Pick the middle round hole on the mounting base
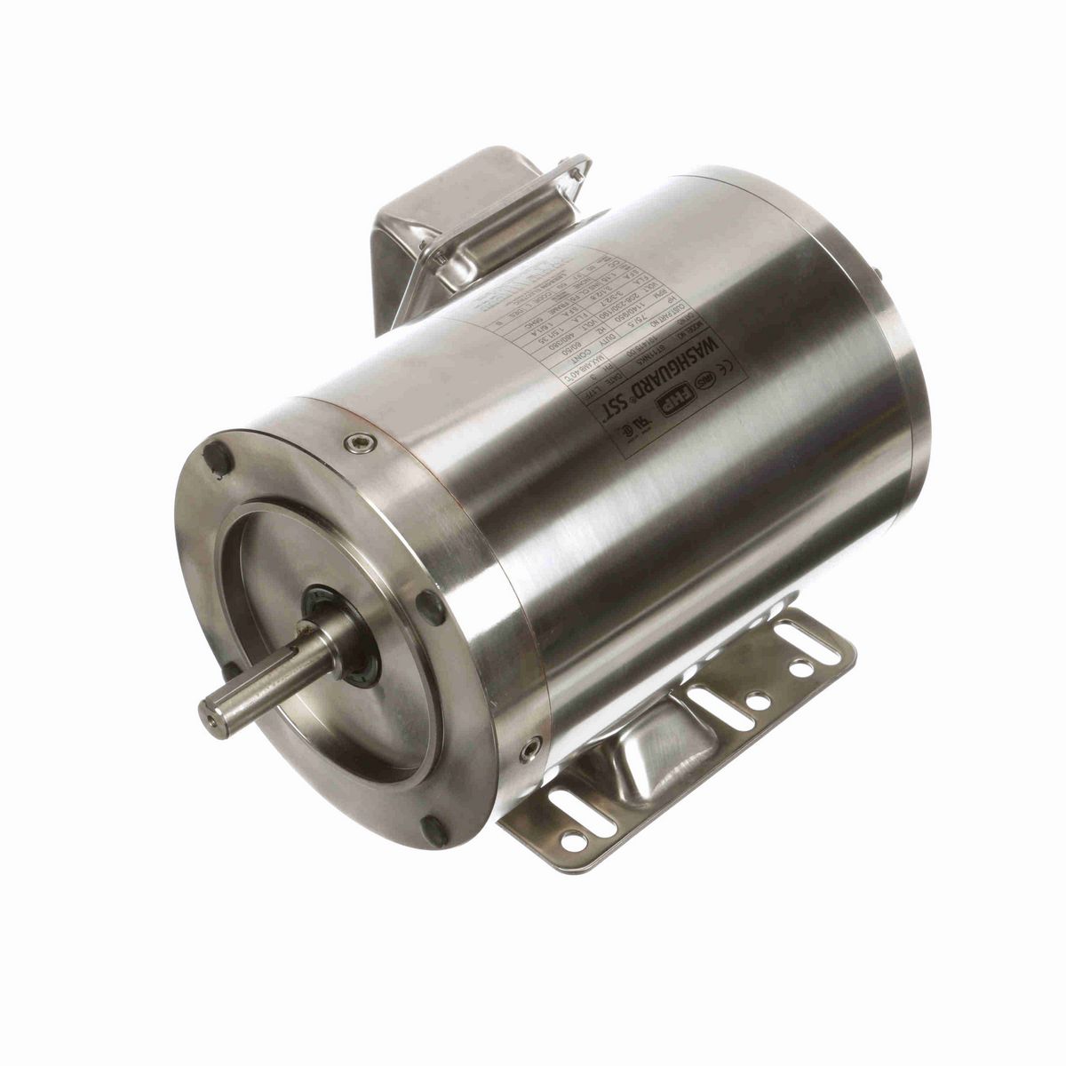click(757, 702)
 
